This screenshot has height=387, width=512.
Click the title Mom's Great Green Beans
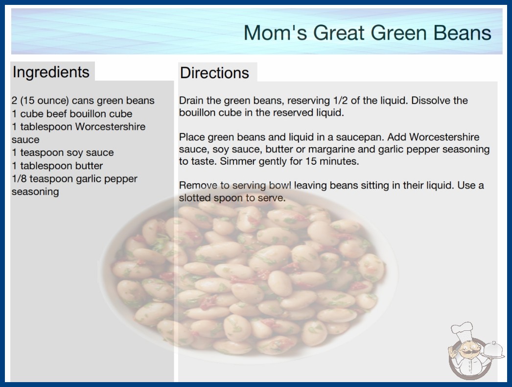(x=367, y=33)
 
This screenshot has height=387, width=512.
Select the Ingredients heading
(x=51, y=72)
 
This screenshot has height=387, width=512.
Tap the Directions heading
(x=214, y=73)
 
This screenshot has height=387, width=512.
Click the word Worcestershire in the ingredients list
(x=110, y=127)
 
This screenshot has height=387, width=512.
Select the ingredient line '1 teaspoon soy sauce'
(x=63, y=152)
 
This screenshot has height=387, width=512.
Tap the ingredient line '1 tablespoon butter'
(x=57, y=166)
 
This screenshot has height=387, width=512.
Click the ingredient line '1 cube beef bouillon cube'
(x=72, y=114)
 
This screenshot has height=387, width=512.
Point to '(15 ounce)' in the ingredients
(x=45, y=101)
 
